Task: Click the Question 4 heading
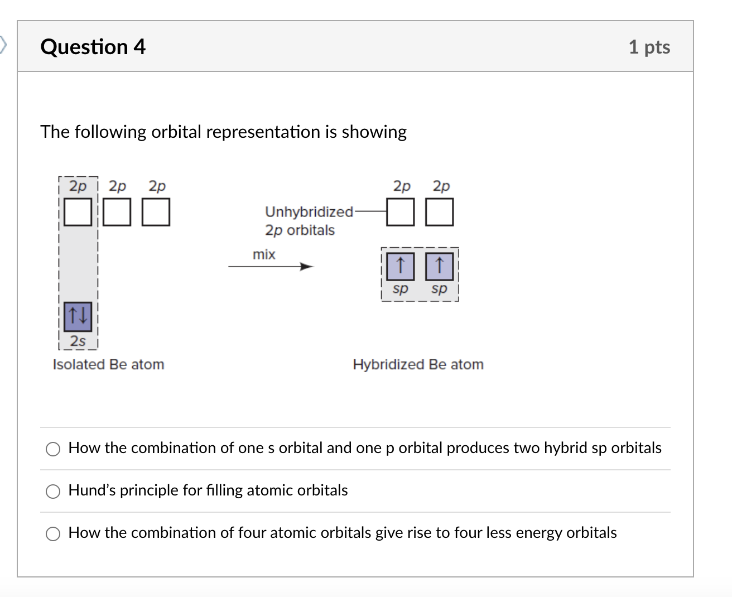(93, 47)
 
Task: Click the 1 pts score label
(649, 47)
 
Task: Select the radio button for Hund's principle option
(53, 491)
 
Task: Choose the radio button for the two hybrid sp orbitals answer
(53, 449)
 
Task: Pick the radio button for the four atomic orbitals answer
(53, 534)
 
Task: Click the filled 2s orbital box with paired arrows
(78, 316)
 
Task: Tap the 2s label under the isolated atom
(78, 341)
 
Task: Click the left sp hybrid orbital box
(400, 266)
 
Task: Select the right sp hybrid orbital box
(439, 266)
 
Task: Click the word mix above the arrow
(264, 254)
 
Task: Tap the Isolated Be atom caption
(108, 364)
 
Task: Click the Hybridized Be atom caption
(418, 364)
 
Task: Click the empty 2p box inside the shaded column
(78, 212)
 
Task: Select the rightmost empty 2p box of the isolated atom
(156, 212)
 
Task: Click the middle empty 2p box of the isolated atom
(117, 212)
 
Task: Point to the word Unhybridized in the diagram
(309, 212)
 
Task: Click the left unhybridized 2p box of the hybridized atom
(401, 212)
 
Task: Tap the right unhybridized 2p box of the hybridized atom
(440, 212)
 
